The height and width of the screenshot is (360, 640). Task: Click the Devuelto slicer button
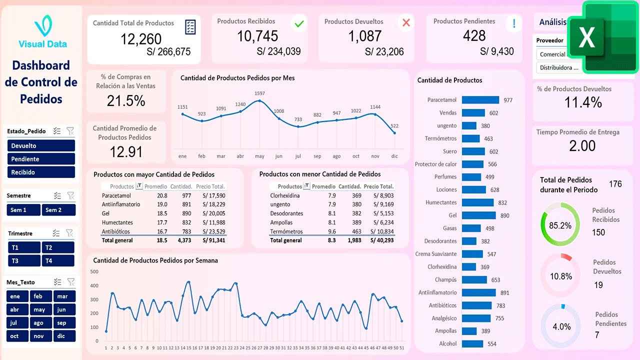(41, 145)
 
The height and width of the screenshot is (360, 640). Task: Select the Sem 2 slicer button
(58, 210)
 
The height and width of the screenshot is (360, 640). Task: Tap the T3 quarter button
(24, 260)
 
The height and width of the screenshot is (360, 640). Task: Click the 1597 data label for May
(259, 93)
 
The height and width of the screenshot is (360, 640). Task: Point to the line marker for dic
(394, 132)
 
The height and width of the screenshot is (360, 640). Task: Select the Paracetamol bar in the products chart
(480, 100)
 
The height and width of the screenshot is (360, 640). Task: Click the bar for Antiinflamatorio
(478, 292)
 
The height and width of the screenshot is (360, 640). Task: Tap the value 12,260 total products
(141, 39)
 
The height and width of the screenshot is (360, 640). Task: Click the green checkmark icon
(299, 23)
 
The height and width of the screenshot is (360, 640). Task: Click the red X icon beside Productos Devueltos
(406, 22)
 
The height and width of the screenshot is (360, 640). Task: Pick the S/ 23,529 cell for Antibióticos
(213, 231)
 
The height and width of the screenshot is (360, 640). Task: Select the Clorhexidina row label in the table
(285, 195)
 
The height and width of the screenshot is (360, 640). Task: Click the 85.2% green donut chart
(560, 225)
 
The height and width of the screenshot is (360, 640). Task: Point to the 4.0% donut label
(561, 326)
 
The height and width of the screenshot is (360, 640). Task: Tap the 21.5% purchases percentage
(126, 101)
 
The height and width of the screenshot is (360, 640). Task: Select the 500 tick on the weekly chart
(94, 271)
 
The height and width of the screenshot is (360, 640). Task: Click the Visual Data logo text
(42, 44)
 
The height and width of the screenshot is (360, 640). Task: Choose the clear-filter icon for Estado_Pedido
(70, 131)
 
